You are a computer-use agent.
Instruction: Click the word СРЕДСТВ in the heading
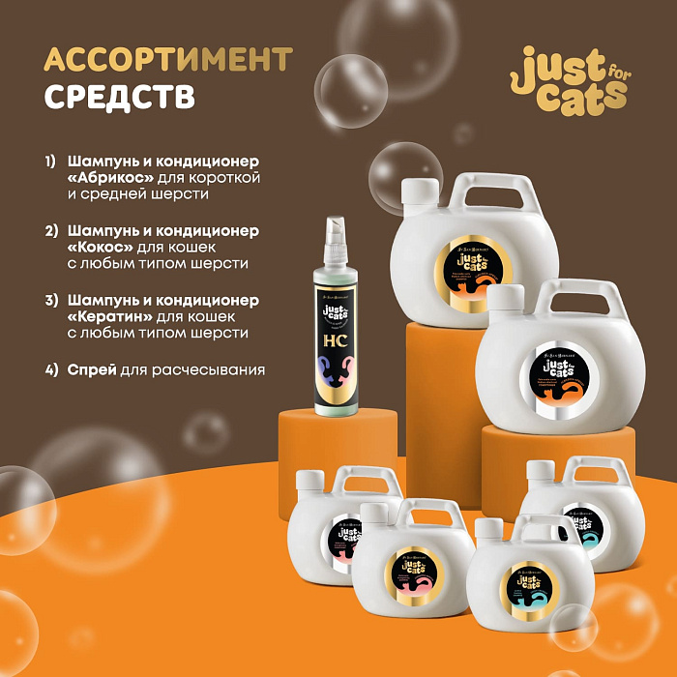click(120, 98)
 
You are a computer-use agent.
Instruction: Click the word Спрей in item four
click(91, 369)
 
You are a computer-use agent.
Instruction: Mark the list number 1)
click(50, 160)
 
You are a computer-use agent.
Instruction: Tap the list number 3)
click(50, 299)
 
